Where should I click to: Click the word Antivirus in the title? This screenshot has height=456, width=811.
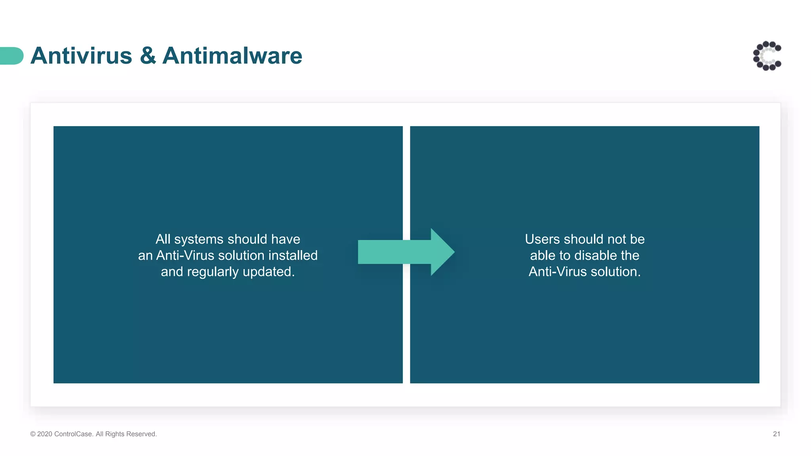coord(81,56)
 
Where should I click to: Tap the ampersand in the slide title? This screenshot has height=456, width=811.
coord(148,56)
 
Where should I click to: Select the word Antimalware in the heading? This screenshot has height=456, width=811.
coord(232,56)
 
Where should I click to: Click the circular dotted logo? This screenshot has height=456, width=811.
coord(767,56)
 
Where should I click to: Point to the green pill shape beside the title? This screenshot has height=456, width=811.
coord(11,56)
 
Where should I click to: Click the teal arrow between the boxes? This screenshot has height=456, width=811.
coord(406,252)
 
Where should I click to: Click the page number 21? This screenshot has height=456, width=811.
coord(776,434)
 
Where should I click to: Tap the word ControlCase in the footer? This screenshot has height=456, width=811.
coord(73,434)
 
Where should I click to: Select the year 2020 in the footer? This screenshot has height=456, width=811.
coord(45,434)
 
